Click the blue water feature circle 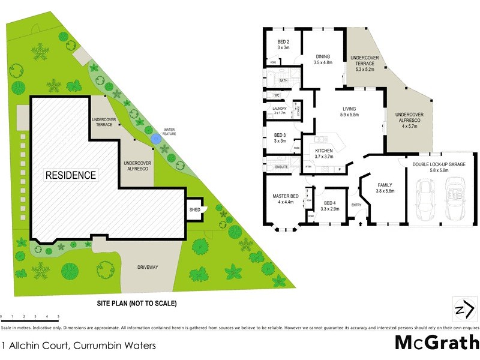click(x=155, y=139)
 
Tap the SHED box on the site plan click(x=195, y=209)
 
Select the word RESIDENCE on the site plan click(x=71, y=175)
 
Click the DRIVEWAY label click(x=147, y=267)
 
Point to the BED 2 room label click(x=283, y=44)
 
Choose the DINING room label click(x=323, y=59)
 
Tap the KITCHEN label click(x=324, y=154)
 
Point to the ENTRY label click(x=356, y=205)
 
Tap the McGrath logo click(x=436, y=342)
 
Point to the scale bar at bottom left click(x=30, y=316)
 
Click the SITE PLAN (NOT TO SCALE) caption click(x=137, y=304)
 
